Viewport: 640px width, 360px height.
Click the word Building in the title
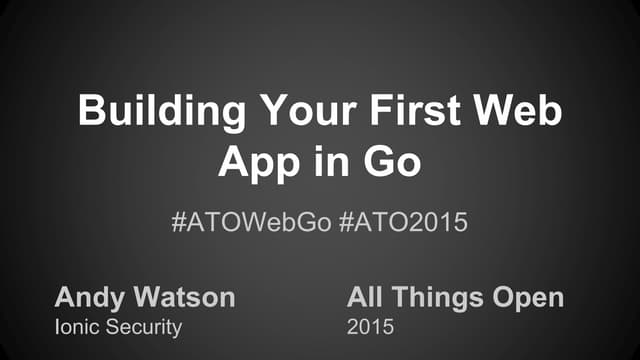click(x=146, y=111)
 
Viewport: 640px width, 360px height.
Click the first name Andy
click(x=84, y=298)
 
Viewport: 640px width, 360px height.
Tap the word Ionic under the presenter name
click(x=75, y=326)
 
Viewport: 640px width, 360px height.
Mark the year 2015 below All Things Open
click(x=367, y=326)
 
